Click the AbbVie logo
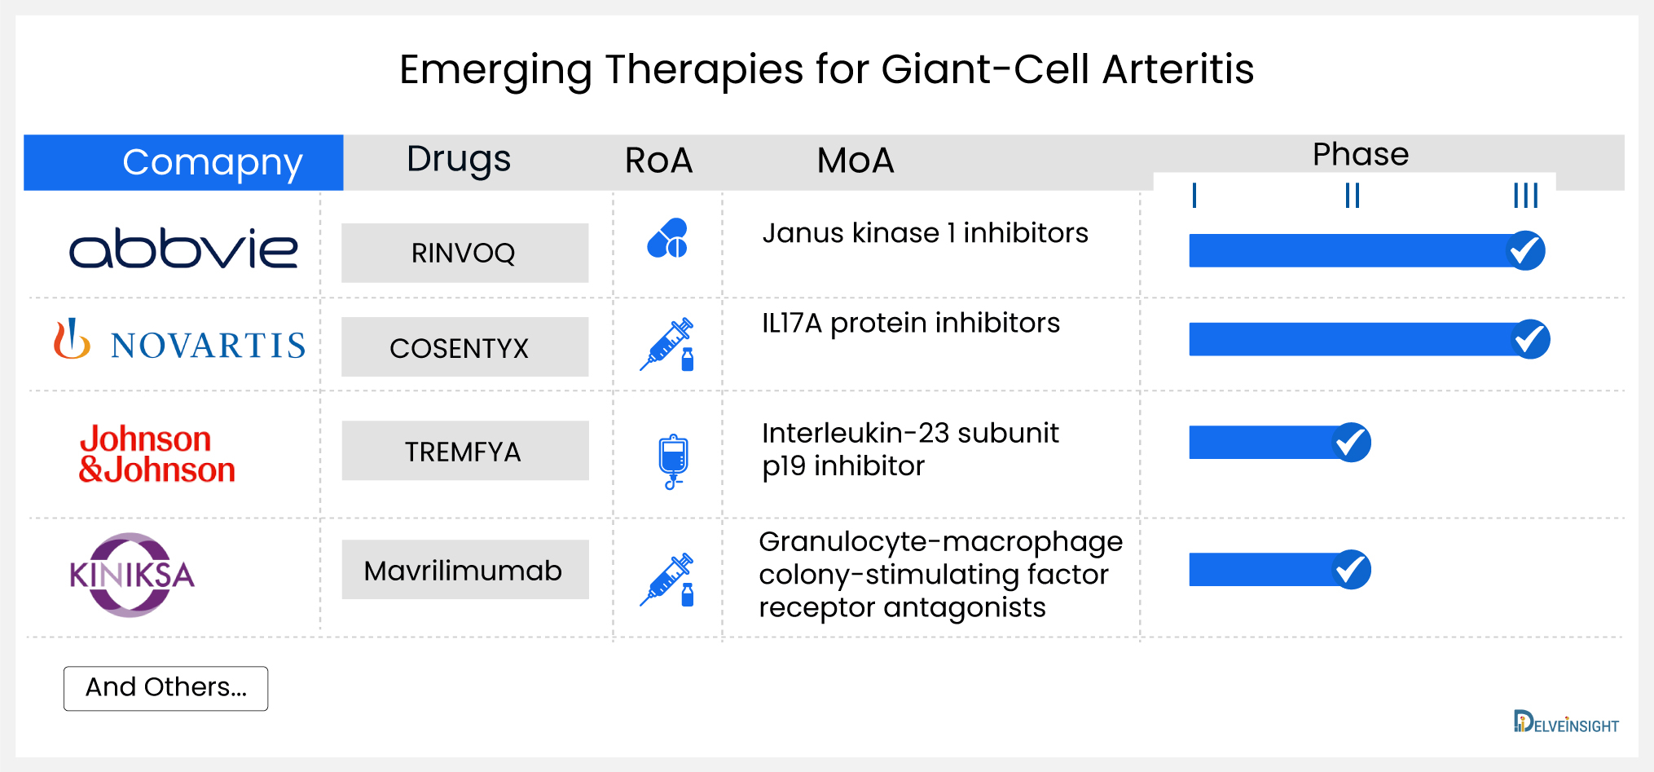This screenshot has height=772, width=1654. (x=183, y=249)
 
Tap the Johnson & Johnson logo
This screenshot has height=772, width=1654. (x=156, y=454)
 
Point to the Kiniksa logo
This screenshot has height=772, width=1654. (x=132, y=575)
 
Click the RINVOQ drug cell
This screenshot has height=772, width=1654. (x=464, y=253)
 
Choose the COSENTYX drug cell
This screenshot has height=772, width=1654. (x=464, y=347)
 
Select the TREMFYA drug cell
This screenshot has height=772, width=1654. (x=464, y=451)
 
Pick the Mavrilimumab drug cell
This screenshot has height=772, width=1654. (x=464, y=570)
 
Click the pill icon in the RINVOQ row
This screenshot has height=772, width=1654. (x=667, y=238)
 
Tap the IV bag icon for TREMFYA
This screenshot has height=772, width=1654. (x=673, y=461)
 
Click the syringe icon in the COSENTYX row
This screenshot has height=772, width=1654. (x=667, y=344)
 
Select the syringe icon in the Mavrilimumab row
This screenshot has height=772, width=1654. (x=667, y=580)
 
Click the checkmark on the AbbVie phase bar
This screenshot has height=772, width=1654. (x=1524, y=250)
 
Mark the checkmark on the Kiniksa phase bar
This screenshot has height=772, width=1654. (x=1352, y=569)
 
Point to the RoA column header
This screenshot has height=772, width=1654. (x=658, y=161)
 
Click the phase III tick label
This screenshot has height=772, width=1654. (x=1525, y=196)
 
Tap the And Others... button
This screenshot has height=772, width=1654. (x=166, y=688)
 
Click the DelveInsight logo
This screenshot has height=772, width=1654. (x=1565, y=723)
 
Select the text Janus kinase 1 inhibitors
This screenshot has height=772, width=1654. (x=925, y=233)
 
